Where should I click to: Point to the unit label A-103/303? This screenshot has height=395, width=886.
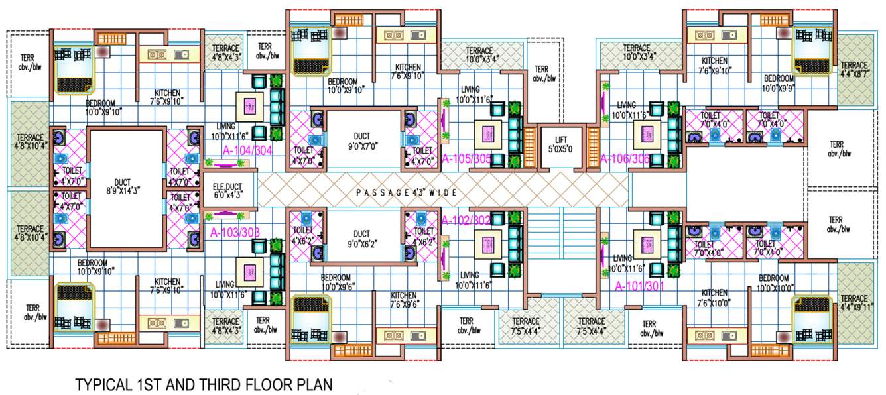click(x=235, y=233)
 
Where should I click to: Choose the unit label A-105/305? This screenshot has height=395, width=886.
click(x=467, y=158)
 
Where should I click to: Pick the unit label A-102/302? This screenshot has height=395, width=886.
click(x=466, y=220)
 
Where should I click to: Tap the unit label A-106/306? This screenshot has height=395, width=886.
click(x=625, y=158)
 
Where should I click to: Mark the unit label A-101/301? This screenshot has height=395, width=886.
click(x=641, y=287)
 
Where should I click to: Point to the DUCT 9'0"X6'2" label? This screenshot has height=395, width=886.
click(x=361, y=239)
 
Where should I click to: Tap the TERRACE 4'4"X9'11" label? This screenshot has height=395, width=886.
click(x=854, y=303)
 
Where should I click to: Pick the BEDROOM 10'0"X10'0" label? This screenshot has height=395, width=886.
click(x=773, y=282)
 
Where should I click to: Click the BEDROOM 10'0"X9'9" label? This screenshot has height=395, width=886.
click(x=779, y=83)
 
